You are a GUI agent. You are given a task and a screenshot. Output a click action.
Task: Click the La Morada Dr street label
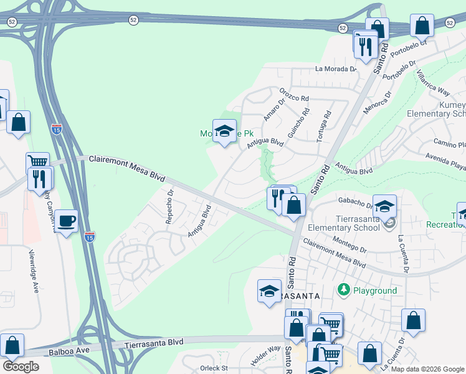point(335,69)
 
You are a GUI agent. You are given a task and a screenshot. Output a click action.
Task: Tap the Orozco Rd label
point(294,94)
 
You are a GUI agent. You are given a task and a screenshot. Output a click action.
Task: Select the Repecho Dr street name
point(169,206)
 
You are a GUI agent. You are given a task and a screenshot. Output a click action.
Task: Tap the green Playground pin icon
point(343,290)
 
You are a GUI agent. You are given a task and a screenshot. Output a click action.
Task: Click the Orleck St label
point(215,368)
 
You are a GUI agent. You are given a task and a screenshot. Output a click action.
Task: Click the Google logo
point(21,367)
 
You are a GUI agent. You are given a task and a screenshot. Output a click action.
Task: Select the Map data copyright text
point(427,369)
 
